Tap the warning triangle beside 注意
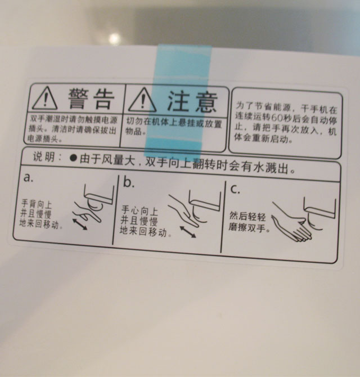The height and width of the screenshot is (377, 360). [x=142, y=102]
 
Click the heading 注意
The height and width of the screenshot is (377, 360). [x=192, y=101]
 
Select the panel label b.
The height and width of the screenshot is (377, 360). [x=129, y=182]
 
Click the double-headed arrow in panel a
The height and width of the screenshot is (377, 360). [x=80, y=224]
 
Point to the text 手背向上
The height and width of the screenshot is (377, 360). [x=37, y=204]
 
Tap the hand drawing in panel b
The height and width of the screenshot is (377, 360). [x=184, y=210]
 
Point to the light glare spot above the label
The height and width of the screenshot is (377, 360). [x=114, y=38]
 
